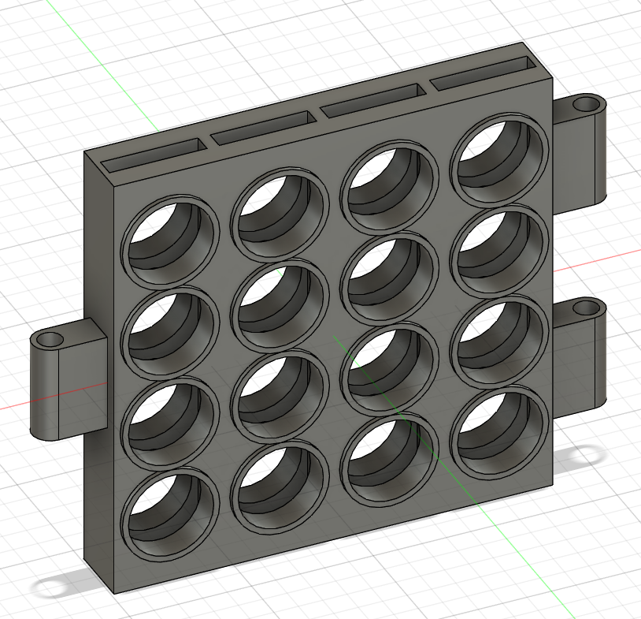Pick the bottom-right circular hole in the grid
(x=499, y=433)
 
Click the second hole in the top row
(x=280, y=214)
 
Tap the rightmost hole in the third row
(x=499, y=341)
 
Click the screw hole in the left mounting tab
(x=50, y=341)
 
